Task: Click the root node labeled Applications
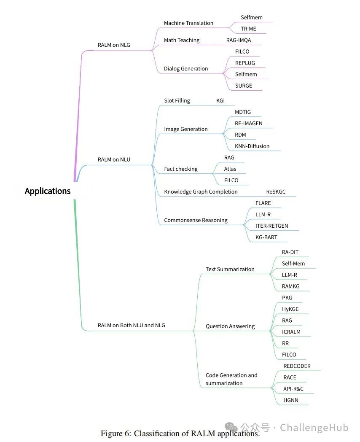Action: point(48,191)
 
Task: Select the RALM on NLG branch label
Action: point(114,45)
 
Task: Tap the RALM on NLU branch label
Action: point(114,159)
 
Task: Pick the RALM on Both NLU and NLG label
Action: point(131,325)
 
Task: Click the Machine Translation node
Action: point(188,23)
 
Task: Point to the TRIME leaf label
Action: point(248,29)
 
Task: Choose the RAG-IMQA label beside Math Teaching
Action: point(238,40)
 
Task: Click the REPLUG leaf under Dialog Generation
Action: point(245,63)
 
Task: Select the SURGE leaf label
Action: point(243,86)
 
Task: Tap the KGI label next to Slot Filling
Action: point(220,101)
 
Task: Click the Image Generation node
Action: point(185,129)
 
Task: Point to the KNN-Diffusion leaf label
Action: point(252,146)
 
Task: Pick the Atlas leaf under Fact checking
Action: point(230,169)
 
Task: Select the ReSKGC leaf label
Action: point(276,191)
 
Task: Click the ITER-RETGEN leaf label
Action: point(271,226)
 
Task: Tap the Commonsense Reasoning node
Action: point(196,220)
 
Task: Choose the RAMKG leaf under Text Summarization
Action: point(290,286)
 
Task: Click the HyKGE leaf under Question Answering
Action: point(290,309)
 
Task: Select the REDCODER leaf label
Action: point(297,366)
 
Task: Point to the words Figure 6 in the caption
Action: point(116,434)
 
